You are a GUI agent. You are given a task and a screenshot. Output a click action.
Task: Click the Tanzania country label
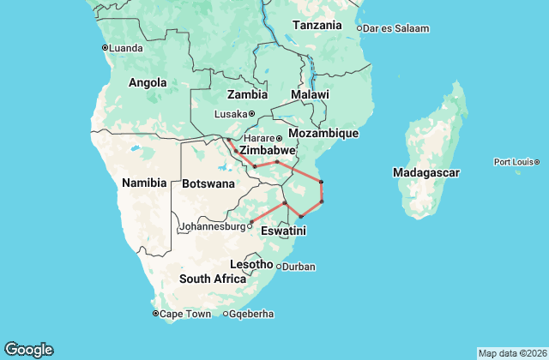tap(317, 25)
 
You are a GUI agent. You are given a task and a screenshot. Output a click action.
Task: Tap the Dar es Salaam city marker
tap(359, 28)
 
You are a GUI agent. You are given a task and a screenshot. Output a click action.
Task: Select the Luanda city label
tap(126, 47)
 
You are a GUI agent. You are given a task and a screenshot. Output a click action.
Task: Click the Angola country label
tap(147, 83)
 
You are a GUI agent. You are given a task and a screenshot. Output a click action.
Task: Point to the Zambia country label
tap(247, 94)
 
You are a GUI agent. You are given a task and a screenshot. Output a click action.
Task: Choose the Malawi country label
tap(310, 93)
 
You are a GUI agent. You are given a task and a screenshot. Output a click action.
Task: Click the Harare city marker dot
tap(279, 138)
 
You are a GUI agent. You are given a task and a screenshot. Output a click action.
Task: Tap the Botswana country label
tap(208, 183)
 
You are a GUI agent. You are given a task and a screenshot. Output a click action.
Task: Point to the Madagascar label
tap(426, 172)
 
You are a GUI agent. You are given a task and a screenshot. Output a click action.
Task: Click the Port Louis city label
tap(513, 162)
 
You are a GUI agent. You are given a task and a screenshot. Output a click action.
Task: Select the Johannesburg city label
tap(211, 227)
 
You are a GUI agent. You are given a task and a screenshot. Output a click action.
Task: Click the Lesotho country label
tap(250, 264)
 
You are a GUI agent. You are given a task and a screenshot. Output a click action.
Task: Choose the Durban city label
tap(299, 267)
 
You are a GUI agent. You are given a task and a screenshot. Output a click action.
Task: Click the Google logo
tap(28, 349)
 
